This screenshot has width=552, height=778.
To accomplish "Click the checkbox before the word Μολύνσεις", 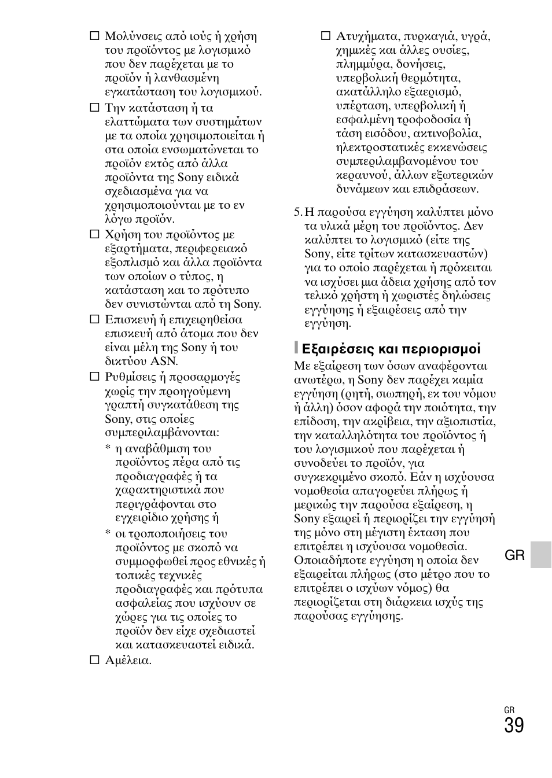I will coord(94,36).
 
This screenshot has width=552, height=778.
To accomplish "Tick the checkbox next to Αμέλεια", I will coord(94,660).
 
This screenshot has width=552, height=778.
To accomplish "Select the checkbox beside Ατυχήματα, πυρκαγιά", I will coord(325,36).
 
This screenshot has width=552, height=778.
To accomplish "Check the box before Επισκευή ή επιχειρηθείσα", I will coord(94,319).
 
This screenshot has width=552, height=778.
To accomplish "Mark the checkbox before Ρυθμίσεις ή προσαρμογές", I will coord(94,377).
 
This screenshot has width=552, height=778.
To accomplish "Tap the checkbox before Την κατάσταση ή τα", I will coord(94,108).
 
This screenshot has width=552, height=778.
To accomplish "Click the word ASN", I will coord(164,362).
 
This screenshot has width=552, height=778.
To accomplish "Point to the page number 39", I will coord(514,726).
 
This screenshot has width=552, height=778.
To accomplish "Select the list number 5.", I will coord(297,212).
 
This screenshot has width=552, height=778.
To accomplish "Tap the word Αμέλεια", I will coord(128,660).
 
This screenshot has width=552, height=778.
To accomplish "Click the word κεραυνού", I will coord(360,175).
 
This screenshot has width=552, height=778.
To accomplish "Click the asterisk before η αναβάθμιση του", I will coord(108,449).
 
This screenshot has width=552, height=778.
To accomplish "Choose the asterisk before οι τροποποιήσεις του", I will coord(108,534).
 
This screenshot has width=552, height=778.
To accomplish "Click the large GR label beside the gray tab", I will coord(514,556).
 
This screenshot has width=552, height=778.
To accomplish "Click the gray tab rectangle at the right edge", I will coord(541,555).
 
